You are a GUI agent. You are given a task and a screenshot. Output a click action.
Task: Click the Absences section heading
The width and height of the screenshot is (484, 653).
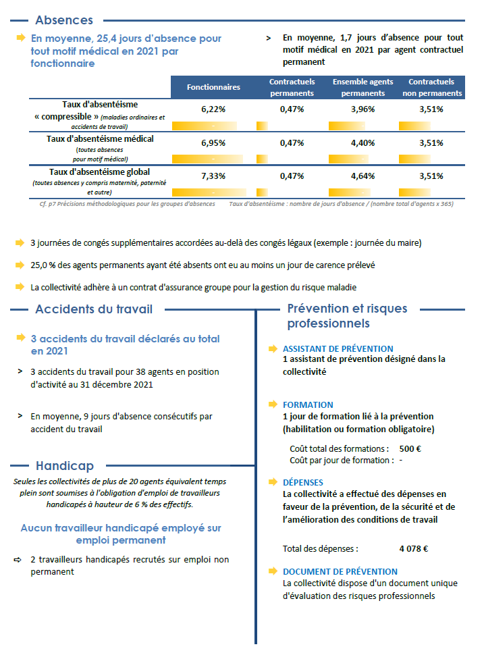click(64, 20)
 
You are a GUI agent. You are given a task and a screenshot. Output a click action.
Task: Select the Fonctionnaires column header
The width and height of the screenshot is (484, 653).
click(213, 88)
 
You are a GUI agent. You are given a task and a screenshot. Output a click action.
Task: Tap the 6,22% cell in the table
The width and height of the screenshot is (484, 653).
click(213, 109)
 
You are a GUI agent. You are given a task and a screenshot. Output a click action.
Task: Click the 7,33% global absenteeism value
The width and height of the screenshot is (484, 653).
click(213, 176)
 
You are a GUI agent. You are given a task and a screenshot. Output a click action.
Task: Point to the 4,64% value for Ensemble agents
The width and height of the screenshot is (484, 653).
click(362, 176)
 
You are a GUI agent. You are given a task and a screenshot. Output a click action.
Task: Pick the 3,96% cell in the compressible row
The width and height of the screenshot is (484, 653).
click(362, 109)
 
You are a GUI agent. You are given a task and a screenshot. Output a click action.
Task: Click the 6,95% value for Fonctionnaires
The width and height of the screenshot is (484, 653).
click(213, 142)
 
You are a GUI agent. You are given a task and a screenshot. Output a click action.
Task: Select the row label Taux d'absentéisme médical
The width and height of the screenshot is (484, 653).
click(100, 139)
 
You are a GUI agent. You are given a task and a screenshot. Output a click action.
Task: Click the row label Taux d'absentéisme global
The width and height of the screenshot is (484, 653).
click(100, 172)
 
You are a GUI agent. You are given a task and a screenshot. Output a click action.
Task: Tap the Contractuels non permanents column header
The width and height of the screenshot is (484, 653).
click(432, 88)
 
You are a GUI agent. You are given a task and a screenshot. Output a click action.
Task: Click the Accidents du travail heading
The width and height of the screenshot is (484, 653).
click(94, 309)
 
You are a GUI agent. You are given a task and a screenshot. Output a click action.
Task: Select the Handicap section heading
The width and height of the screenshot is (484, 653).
click(65, 466)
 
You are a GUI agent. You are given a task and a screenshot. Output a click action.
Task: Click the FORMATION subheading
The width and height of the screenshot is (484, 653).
click(308, 405)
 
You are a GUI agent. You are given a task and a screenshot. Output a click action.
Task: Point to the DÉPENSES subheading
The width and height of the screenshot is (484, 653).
click(303, 483)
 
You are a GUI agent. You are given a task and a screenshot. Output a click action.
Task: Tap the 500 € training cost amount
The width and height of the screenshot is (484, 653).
click(410, 448)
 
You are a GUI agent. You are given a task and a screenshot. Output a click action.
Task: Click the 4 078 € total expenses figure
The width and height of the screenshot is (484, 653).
click(414, 549)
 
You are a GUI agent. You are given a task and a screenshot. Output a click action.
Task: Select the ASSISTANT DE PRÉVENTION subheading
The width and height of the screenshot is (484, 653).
click(338, 349)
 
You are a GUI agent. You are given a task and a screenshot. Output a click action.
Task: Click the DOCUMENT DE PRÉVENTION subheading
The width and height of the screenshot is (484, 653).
click(340, 572)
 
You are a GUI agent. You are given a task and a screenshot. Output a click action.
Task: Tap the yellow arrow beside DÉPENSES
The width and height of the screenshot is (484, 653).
click(273, 483)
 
